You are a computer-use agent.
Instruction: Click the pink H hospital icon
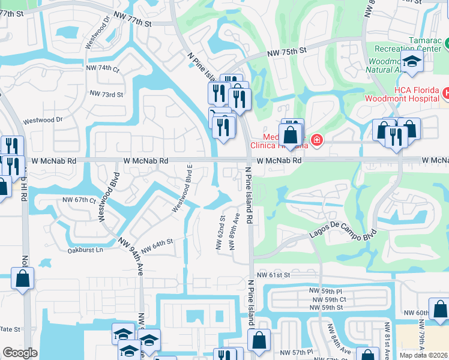[446, 93]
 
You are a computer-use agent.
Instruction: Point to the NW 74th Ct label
[104, 69]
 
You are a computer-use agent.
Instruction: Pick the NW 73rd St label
[106, 94]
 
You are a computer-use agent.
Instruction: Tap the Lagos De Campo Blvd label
[343, 235]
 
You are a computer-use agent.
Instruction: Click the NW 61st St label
[273, 274]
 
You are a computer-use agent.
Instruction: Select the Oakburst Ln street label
[85, 250]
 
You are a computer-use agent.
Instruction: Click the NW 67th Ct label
[79, 200]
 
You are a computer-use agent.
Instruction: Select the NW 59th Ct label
[328, 299]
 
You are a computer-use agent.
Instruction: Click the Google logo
[20, 353]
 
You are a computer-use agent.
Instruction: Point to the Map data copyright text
[423, 355]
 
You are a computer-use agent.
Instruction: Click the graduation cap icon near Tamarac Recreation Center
[412, 62]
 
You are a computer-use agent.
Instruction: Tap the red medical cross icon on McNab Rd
[316, 141]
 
